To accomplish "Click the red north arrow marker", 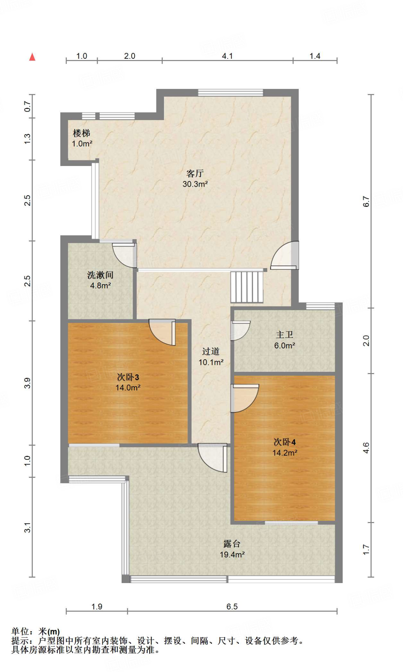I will click(x=32, y=57).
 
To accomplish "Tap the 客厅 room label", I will click(x=195, y=173).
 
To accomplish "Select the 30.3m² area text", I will click(x=195, y=184).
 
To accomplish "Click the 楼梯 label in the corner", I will click(x=81, y=133).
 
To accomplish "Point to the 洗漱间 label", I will click(x=100, y=275).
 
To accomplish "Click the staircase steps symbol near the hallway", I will click(x=247, y=287).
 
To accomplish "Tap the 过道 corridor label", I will click(x=211, y=351).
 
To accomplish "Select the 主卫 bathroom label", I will click(x=284, y=335).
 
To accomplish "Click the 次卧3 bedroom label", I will click(x=128, y=377).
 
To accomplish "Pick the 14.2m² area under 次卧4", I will click(x=285, y=453).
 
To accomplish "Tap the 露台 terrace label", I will click(x=232, y=544).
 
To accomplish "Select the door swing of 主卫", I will click(x=240, y=330).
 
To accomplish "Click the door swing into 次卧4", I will click(x=244, y=398).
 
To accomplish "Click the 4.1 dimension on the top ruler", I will click(x=227, y=56).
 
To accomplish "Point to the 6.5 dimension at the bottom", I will click(x=232, y=607).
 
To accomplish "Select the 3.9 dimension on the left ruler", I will click(x=28, y=383).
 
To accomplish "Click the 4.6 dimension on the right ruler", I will click(x=366, y=448).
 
